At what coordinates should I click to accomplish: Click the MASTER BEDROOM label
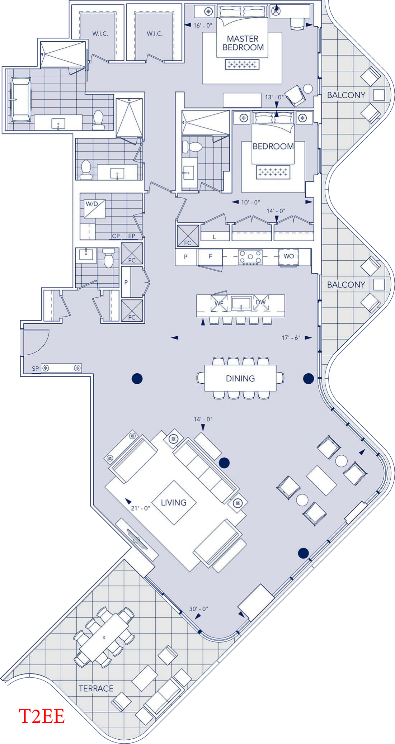pyautogui.click(x=243, y=43)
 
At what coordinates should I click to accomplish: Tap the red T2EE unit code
pyautogui.click(x=42, y=716)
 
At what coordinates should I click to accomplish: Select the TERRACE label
pyautogui.click(x=96, y=688)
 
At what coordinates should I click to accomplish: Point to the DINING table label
pyautogui.click(x=240, y=378)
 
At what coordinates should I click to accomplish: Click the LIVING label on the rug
pyautogui.click(x=174, y=502)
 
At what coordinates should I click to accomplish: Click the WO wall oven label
pyautogui.click(x=289, y=256)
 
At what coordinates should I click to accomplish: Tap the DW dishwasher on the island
pyautogui.click(x=261, y=303)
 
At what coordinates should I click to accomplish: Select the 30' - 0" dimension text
pyautogui.click(x=199, y=609)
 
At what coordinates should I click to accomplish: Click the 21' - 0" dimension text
pyautogui.click(x=140, y=508)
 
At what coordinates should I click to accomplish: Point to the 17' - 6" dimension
pyautogui.click(x=291, y=338)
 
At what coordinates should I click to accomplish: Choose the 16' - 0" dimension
pyautogui.click(x=203, y=25)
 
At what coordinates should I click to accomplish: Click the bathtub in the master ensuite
pyautogui.click(x=21, y=99)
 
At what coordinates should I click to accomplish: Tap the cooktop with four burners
pyautogui.click(x=250, y=257)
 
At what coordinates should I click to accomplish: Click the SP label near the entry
pyautogui.click(x=35, y=369)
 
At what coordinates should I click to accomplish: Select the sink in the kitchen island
pyautogui.click(x=241, y=303)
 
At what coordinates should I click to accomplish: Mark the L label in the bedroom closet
pyautogui.click(x=214, y=237)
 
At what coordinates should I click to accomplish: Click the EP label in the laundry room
pyautogui.click(x=132, y=236)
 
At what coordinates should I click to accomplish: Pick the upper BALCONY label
pyautogui.click(x=346, y=95)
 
